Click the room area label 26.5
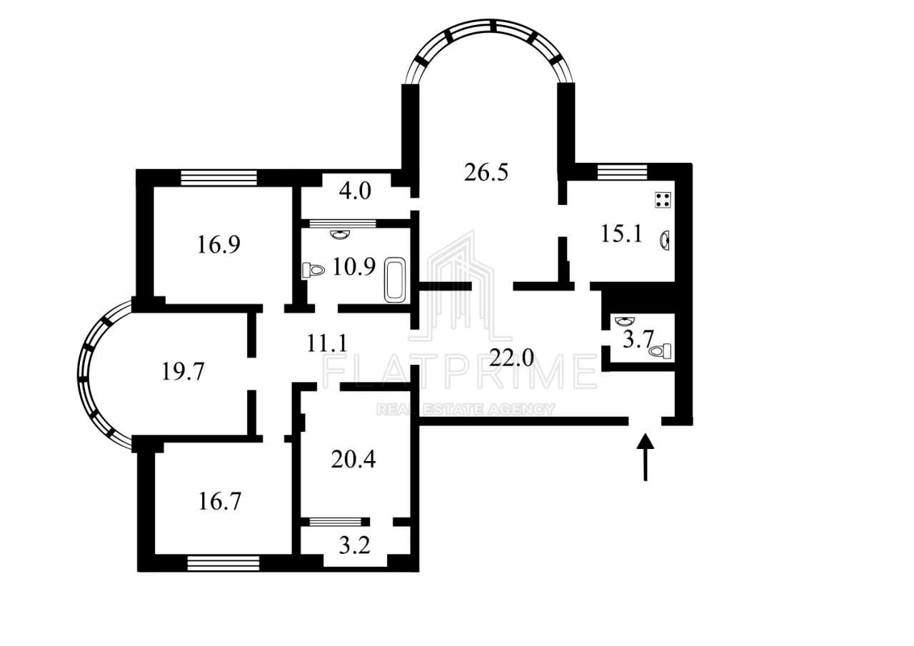[486, 173]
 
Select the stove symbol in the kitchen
[663, 200]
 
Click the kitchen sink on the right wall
[665, 240]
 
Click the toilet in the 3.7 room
[663, 350]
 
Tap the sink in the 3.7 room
[623, 321]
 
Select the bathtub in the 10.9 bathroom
[395, 281]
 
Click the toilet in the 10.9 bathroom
[313, 270]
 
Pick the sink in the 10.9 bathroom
[341, 234]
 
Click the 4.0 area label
[355, 192]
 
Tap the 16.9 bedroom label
[219, 245]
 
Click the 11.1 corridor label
[327, 343]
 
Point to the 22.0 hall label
[511, 357]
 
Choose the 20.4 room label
[353, 459]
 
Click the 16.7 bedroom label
[219, 501]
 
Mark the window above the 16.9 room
[219, 177]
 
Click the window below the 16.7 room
[223, 564]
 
